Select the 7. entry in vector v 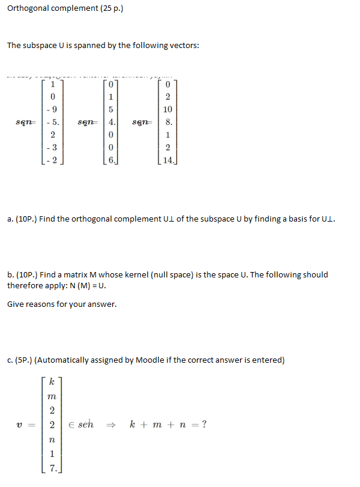[x=53, y=468]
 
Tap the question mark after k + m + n [x=205, y=425]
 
